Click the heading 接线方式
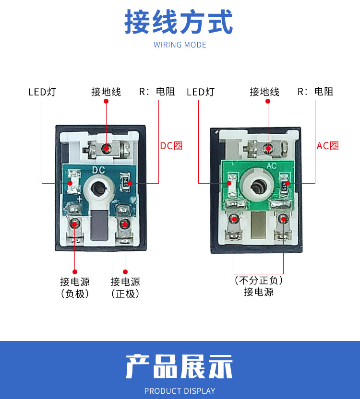pos(179,22)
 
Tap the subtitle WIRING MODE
pos(180,45)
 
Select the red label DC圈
pos(171,146)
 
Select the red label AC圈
pos(327,146)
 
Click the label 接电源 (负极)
pos(75,288)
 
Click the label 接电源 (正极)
pos(125,288)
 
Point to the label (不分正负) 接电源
pos(259,286)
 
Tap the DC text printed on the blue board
pos(98,170)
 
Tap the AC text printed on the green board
pos(272,166)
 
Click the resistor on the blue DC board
pos(125,182)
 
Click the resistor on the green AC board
pos(284,185)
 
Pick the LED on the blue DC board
pos(73,182)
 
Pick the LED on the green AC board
pos(232,185)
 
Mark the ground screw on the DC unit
pos(106,149)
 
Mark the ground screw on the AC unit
pos(267,149)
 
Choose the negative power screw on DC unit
pos(75,224)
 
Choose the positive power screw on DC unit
pos(125,224)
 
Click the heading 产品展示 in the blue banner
pos(179,366)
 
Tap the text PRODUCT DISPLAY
pos(180,391)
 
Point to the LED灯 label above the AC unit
pos(201,92)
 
